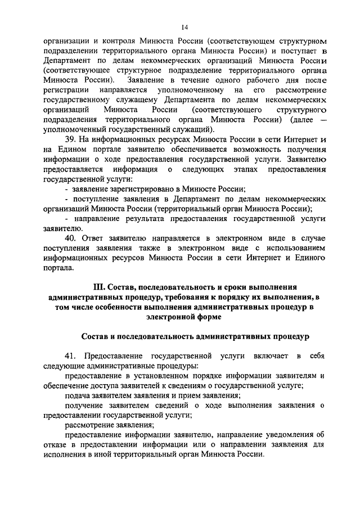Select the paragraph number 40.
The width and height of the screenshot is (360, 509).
click(71, 238)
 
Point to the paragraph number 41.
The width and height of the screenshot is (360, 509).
click(71, 356)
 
